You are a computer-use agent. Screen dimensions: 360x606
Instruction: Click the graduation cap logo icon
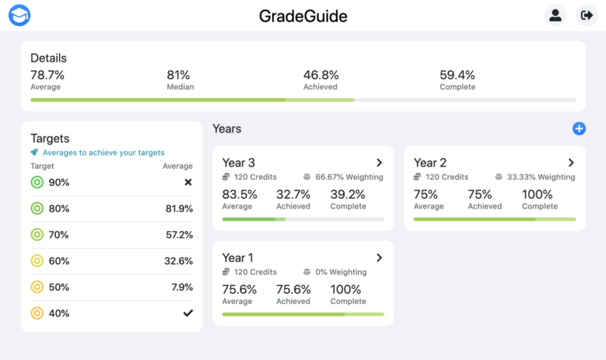19,15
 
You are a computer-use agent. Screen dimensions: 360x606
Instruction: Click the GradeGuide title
303,16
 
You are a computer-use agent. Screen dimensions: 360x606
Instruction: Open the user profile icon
555,15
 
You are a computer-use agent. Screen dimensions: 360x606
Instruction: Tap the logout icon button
586,15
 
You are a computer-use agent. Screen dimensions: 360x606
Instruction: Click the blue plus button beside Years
579,129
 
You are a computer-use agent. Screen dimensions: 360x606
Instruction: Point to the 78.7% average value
47,75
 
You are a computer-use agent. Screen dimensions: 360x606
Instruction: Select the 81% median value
178,75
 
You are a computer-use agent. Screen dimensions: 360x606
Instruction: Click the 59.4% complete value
458,75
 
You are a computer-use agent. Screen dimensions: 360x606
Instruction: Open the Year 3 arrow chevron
379,163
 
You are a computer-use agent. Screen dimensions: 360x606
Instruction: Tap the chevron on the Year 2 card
570,163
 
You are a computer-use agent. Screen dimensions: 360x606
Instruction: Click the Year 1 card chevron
379,257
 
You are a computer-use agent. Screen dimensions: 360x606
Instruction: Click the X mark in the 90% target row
188,182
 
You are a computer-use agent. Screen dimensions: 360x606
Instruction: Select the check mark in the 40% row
188,313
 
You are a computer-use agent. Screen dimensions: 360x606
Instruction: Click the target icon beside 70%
36,234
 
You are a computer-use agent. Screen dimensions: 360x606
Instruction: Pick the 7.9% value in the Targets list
182,287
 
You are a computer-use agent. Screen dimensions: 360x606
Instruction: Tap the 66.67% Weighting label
348,177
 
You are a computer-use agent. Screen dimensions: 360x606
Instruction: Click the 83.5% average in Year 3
239,194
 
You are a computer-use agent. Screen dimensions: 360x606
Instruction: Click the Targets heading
50,138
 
